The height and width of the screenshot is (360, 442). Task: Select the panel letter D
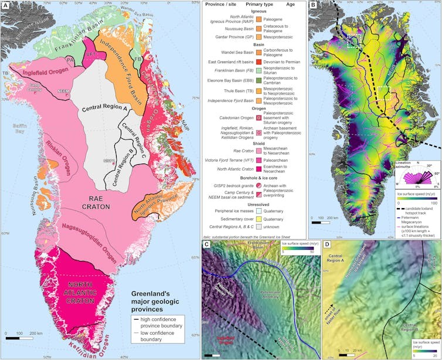pos(328,244)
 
